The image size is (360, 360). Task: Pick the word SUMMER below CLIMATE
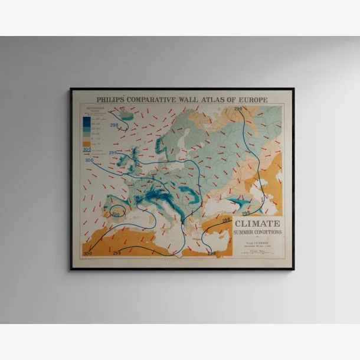click(x=247, y=232)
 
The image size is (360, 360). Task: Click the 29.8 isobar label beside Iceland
click(x=113, y=126)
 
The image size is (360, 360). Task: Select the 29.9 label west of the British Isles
click(x=89, y=160)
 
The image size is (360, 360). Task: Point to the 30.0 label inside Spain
click(x=116, y=214)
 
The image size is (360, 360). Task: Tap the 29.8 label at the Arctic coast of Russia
click(x=238, y=109)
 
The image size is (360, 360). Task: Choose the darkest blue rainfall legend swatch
click(x=87, y=119)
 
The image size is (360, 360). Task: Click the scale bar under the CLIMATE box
click(x=258, y=250)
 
